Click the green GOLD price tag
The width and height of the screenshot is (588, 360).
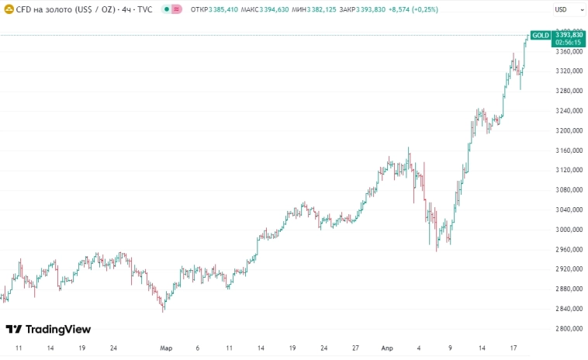click(x=540, y=35)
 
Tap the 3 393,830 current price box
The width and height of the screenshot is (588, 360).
click(x=569, y=35)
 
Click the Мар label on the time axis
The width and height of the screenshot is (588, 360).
click(x=165, y=349)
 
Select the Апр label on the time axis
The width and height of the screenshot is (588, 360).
click(x=387, y=349)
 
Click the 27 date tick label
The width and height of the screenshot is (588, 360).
click(x=355, y=349)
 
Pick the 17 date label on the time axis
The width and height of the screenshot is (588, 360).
click(x=514, y=349)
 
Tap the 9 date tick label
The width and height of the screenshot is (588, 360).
click(x=450, y=349)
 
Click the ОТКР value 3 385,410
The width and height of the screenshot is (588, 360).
click(x=223, y=9)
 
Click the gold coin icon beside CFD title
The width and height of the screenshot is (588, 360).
click(x=9, y=9)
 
